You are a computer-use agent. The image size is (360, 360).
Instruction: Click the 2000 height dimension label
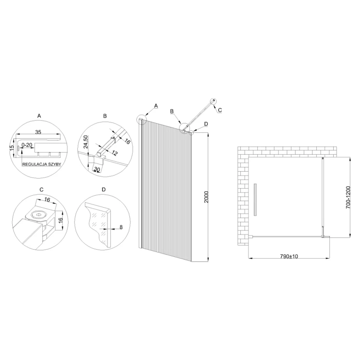(x=206, y=197)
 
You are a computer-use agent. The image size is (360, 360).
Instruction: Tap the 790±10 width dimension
(x=289, y=256)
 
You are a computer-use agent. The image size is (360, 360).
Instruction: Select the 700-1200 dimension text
(x=348, y=197)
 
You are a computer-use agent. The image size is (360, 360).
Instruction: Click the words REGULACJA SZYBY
(x=41, y=164)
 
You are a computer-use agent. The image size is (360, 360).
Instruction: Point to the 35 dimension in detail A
(x=38, y=132)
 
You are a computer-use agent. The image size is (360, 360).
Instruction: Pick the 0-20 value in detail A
(x=27, y=145)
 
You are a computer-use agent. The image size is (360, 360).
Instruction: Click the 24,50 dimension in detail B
(x=86, y=142)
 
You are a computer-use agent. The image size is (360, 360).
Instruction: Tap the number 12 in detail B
(x=114, y=152)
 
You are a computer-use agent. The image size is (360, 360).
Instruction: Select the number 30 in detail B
(x=97, y=169)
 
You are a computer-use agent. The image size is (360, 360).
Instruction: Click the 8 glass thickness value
(x=121, y=227)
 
